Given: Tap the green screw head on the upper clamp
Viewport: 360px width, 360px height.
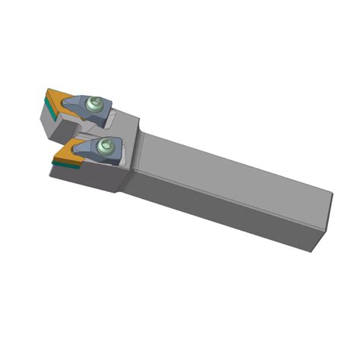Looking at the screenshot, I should pos(94,106).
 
